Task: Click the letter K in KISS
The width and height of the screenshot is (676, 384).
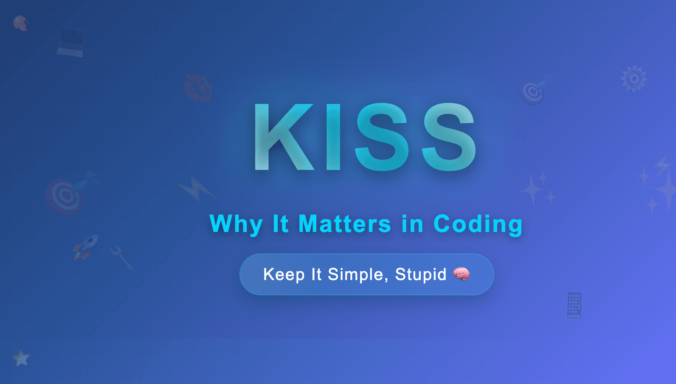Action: point(282,137)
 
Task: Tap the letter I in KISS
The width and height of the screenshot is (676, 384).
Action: point(334,137)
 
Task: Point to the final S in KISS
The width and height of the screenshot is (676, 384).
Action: point(449,137)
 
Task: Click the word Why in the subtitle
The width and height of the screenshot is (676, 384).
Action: point(236,224)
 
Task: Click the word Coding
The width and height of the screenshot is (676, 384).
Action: point(478,224)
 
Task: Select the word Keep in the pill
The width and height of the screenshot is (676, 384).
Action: point(284,275)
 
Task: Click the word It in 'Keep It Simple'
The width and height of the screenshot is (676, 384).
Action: point(316,275)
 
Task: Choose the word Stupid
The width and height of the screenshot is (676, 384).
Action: point(421,275)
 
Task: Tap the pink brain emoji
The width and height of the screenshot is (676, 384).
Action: point(461,274)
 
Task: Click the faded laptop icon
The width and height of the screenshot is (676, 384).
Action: point(71,42)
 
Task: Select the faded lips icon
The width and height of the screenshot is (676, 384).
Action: point(198,88)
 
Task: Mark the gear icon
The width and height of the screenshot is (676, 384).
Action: point(633,79)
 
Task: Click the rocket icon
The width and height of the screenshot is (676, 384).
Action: point(86,247)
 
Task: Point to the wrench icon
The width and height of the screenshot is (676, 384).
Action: point(122,259)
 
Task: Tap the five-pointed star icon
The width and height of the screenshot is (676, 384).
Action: point(21,358)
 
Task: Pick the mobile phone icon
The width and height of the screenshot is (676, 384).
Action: point(574,305)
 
